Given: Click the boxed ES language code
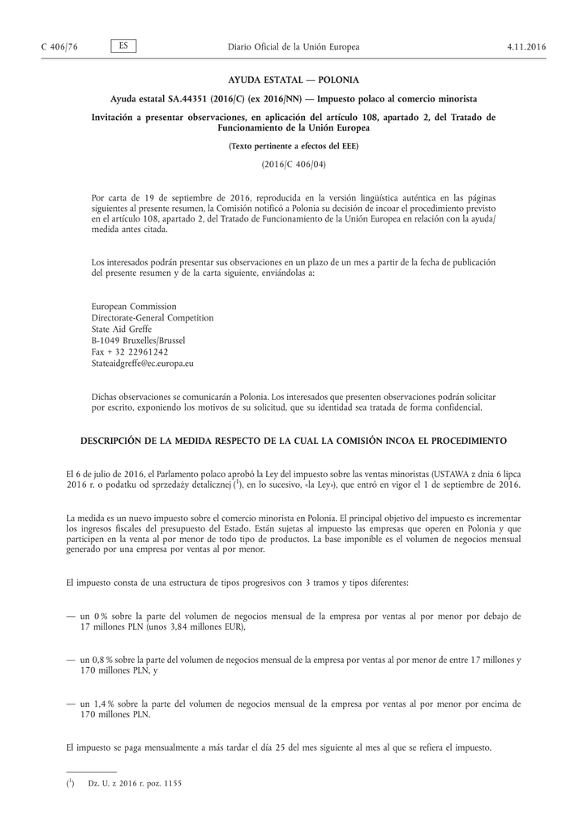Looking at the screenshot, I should (123, 46).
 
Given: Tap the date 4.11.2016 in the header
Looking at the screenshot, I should (527, 47).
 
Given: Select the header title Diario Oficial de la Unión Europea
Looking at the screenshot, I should (294, 47).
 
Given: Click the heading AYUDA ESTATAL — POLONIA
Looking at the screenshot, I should (294, 80).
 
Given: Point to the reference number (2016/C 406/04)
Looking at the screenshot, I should (294, 164).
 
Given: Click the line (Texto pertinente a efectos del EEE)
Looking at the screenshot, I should (294, 147).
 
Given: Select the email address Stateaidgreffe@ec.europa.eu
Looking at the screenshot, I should (143, 364).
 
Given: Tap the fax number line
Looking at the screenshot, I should (130, 353).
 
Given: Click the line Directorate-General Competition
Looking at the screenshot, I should (152, 318).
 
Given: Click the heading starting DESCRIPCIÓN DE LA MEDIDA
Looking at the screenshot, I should (294, 441).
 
